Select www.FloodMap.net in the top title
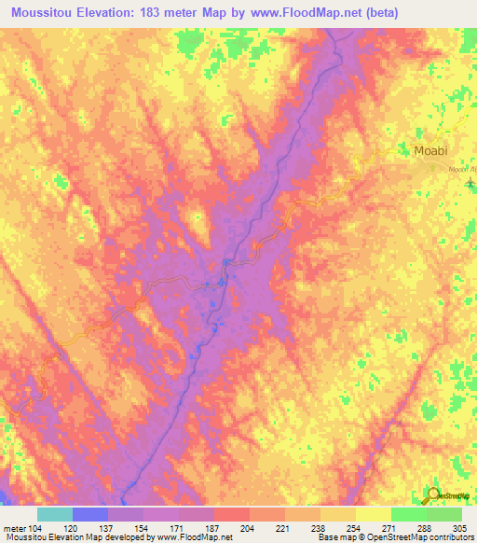(x=302, y=13)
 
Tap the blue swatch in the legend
(x=89, y=514)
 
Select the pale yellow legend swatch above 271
(x=373, y=514)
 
